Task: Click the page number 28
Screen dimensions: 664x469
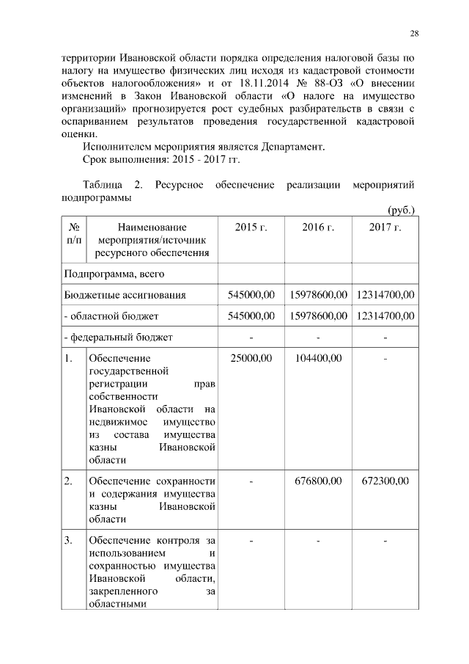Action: pos(414,34)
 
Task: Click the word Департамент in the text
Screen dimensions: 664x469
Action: pos(292,147)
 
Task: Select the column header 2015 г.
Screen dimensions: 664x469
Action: pos(251,227)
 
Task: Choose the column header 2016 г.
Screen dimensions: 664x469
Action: pos(318,227)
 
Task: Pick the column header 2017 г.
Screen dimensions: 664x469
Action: pos(385,227)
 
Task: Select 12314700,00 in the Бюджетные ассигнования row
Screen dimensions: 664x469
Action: pos(385,295)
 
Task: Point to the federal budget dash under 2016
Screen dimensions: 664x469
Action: pos(318,338)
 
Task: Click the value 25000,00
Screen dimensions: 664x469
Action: pos(251,359)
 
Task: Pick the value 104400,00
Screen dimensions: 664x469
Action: pos(318,359)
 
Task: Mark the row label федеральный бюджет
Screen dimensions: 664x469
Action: pos(119,338)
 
